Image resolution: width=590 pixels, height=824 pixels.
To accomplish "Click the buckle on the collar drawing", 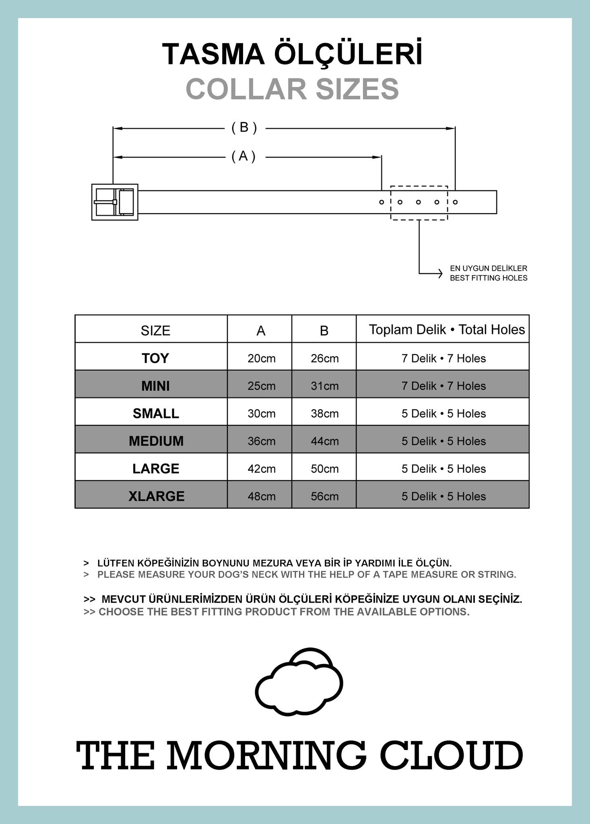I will [115, 202].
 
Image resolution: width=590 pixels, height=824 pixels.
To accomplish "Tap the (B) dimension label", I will [244, 128].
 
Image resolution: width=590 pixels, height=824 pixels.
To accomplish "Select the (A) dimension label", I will [243, 156].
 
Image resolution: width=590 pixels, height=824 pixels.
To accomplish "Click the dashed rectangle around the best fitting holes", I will [419, 187].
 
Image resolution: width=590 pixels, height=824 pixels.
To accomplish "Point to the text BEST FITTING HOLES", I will [488, 278].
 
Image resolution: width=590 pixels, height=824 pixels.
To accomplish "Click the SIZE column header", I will [155, 331].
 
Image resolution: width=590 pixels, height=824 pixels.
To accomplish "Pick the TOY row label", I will [155, 358].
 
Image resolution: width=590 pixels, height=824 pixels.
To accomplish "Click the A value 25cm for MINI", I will [262, 386].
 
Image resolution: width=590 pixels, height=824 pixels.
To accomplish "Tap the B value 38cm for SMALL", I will [324, 414].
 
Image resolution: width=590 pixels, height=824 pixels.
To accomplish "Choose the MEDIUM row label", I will [156, 441].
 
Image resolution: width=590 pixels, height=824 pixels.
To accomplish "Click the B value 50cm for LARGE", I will [324, 469].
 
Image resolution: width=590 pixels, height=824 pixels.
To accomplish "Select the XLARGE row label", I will [156, 496].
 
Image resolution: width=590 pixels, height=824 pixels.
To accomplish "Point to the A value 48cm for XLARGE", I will [262, 496].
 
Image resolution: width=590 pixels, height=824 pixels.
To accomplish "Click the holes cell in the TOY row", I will [444, 358].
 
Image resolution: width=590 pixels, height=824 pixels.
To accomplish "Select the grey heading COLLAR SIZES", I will [292, 89].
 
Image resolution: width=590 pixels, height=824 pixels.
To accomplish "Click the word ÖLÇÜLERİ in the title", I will [348, 55].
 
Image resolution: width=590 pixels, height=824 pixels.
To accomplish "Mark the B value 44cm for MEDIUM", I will [324, 441].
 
